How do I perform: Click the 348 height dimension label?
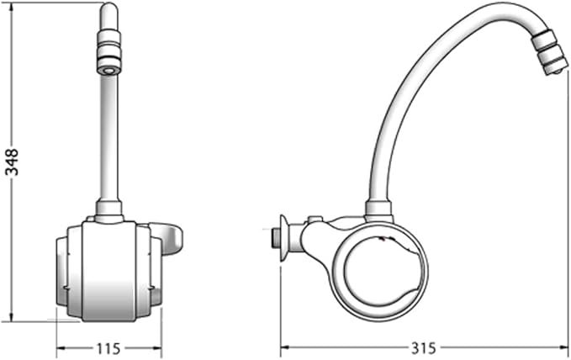point(12,161)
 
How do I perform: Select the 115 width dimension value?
point(108,349)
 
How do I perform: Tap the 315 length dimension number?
point(424,348)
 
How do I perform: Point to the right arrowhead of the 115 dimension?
point(156,347)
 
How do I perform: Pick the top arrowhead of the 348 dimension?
point(13,8)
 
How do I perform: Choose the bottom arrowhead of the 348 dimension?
point(13,316)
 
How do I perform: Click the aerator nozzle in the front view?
point(109,52)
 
